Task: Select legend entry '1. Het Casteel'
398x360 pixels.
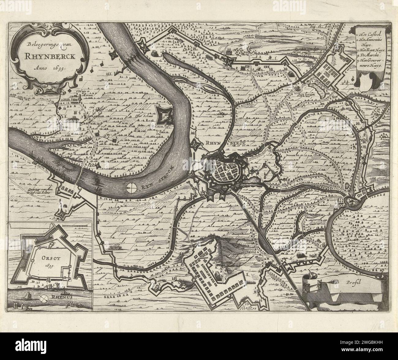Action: [x=369, y=35]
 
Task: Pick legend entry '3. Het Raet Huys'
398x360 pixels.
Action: [x=371, y=49]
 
